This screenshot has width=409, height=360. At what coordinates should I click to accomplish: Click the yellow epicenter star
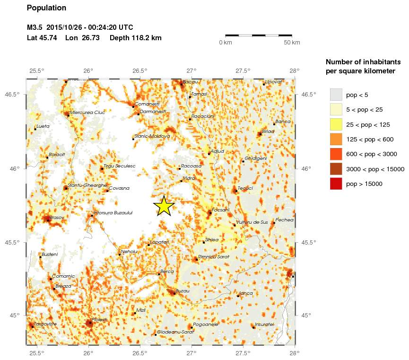(164, 206)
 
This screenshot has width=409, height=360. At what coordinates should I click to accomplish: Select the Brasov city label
(56, 217)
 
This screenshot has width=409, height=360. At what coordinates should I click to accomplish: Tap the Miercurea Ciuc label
(87, 113)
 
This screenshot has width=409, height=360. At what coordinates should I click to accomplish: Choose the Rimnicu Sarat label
(214, 256)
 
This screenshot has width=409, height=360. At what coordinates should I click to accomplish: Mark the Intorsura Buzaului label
(113, 213)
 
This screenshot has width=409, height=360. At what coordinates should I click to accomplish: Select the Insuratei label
(264, 325)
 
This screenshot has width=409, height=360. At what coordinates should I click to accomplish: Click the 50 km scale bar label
(292, 43)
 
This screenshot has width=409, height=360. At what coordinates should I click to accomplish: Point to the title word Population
(47, 8)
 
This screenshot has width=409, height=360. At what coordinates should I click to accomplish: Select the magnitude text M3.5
(35, 27)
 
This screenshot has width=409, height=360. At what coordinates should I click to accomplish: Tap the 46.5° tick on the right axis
(308, 95)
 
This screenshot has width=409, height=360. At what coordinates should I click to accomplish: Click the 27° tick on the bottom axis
(191, 352)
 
